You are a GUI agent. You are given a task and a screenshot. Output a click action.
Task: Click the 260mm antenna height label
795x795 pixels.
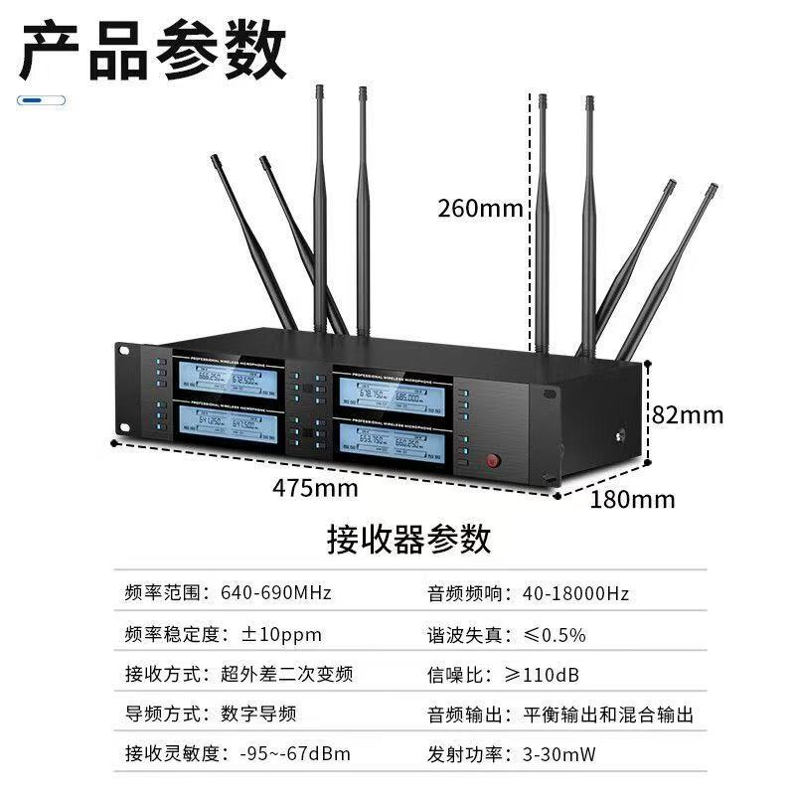point(480,209)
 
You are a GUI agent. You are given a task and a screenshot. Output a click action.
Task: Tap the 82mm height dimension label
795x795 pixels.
point(689,413)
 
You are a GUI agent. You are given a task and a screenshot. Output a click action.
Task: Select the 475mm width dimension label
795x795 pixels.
point(315,488)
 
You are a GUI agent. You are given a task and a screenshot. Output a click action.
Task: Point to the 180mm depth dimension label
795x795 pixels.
point(633,499)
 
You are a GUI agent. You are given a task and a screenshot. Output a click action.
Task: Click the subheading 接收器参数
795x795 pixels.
point(408,539)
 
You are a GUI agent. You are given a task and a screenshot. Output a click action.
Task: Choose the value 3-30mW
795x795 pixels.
point(558,754)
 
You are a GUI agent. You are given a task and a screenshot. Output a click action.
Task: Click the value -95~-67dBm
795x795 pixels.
point(294,754)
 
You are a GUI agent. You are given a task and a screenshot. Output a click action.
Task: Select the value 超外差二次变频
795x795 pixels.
point(286,675)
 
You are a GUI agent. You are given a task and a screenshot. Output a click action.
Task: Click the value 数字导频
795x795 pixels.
point(258,715)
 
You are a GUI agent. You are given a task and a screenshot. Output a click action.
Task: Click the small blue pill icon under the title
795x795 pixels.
point(42,100)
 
